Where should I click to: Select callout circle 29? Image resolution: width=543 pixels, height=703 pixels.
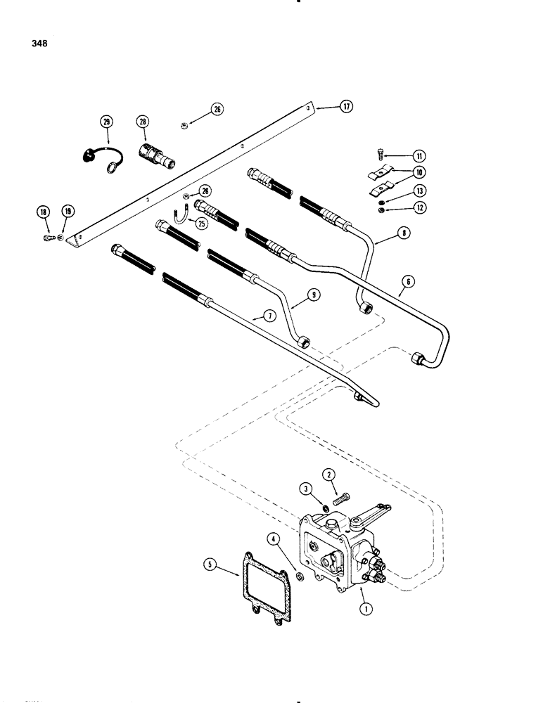coord(107,123)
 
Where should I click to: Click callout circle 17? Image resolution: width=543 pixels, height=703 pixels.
coord(346,107)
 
